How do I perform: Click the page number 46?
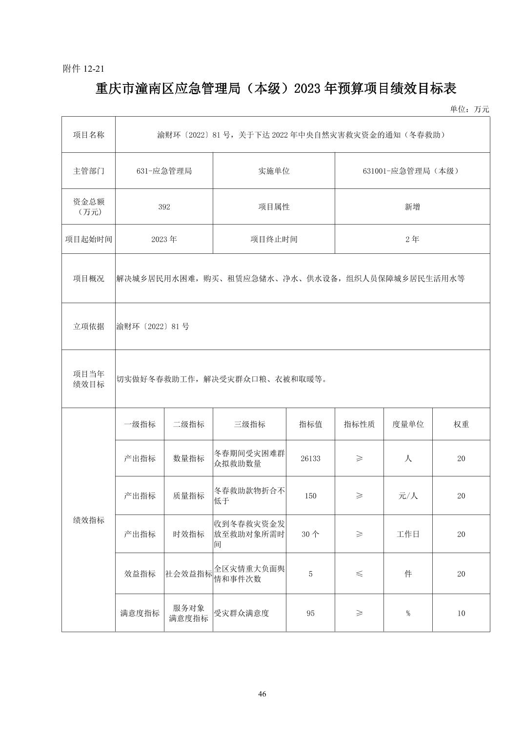[x=262, y=694]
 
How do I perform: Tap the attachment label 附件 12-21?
[x=84, y=69]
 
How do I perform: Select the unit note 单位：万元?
[x=469, y=109]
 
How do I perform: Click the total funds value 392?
[x=164, y=207]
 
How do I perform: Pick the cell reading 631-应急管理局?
[x=164, y=171]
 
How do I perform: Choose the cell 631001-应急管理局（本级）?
[x=412, y=171]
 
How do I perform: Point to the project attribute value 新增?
[x=412, y=207]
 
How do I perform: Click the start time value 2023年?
[x=164, y=239]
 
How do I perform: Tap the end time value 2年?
[x=412, y=239]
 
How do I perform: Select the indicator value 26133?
[x=310, y=458]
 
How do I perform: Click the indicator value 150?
[x=310, y=495]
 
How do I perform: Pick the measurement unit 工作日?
[x=408, y=534]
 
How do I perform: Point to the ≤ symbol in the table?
[x=359, y=574]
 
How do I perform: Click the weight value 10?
[x=461, y=613]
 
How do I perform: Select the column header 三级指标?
[x=249, y=424]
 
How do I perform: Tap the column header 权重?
[x=461, y=424]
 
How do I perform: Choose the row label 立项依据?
[x=88, y=327]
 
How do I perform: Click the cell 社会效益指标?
[x=188, y=574]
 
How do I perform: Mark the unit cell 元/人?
[x=408, y=495]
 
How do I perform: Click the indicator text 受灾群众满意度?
[x=242, y=613]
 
